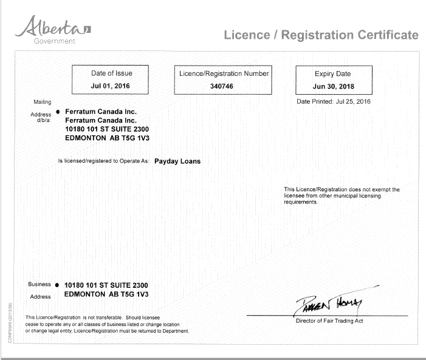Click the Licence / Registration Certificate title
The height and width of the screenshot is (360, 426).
(x=321, y=35)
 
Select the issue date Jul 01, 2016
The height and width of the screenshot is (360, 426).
(x=111, y=86)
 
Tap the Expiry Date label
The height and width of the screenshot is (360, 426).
(x=332, y=74)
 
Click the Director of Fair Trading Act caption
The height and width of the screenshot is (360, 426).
(x=329, y=321)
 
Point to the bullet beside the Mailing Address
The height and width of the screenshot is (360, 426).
(x=57, y=112)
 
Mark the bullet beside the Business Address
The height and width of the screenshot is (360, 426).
(x=57, y=285)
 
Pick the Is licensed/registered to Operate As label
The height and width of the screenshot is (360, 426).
(x=103, y=161)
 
